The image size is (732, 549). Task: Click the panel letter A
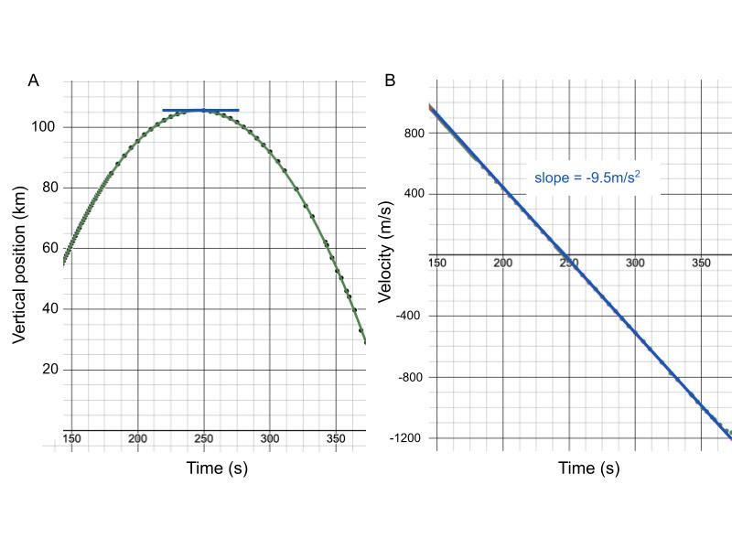point(34,81)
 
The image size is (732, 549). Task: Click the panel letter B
point(390,81)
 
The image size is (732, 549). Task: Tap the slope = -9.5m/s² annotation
point(586,177)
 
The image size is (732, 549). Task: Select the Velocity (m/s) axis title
point(385,249)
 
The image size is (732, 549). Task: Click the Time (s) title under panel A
point(217,468)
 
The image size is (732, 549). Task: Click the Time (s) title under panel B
point(589,468)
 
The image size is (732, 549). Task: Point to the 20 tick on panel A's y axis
point(49,370)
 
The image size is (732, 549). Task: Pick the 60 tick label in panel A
point(49,248)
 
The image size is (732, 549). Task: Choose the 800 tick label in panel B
point(414,133)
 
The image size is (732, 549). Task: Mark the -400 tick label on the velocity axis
point(412,316)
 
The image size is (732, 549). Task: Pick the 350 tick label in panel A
point(336,439)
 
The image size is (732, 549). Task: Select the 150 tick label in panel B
point(437,264)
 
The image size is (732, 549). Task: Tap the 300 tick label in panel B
point(634,264)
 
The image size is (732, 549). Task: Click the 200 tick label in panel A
point(137,439)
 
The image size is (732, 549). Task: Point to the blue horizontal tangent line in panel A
point(200,111)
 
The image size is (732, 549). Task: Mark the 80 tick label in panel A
point(49,188)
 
